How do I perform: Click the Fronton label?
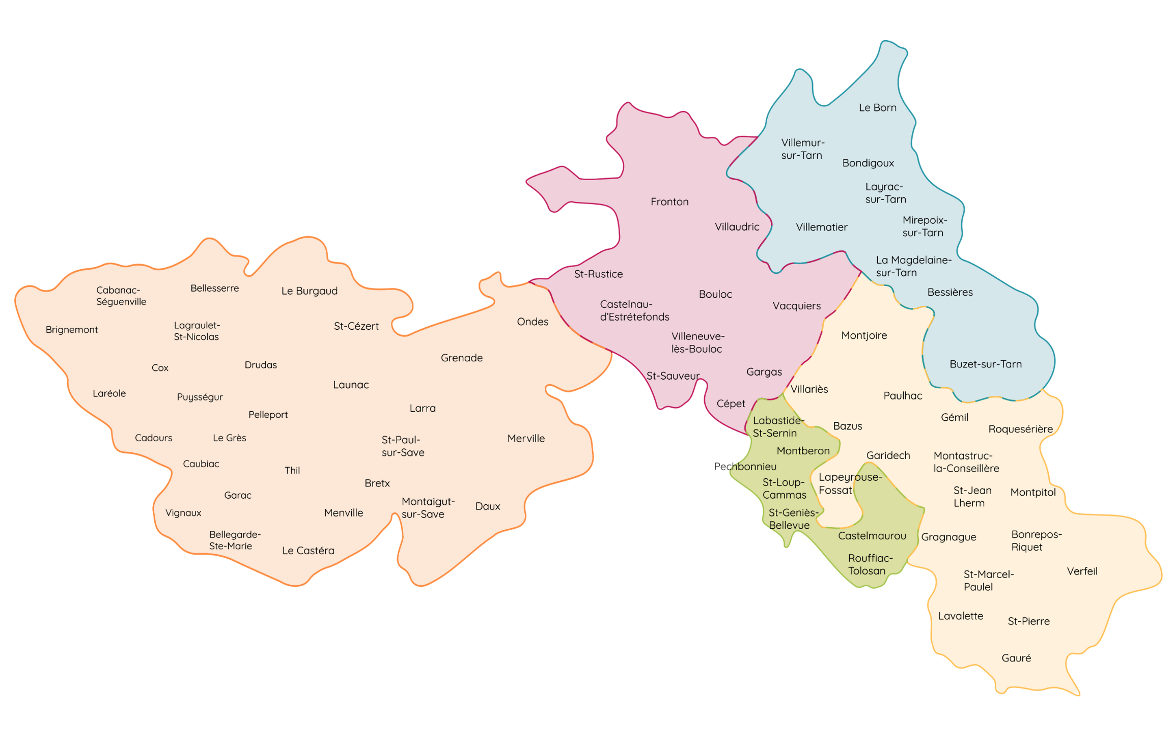click(x=669, y=202)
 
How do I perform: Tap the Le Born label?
click(x=877, y=108)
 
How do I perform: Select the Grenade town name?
click(x=462, y=358)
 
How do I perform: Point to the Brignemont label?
click(x=72, y=330)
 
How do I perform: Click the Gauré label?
click(x=1016, y=658)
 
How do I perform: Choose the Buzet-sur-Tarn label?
click(x=986, y=364)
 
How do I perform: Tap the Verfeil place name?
click(x=1082, y=571)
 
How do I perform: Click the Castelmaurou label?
click(x=872, y=536)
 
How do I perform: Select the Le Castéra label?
click(x=308, y=551)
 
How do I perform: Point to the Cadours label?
click(x=154, y=438)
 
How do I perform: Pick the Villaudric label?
click(x=737, y=227)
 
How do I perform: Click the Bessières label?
click(x=950, y=293)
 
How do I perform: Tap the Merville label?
click(x=526, y=439)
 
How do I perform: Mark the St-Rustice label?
click(x=598, y=274)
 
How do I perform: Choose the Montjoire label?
click(x=864, y=336)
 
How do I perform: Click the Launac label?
click(x=351, y=385)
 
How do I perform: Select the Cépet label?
click(x=731, y=404)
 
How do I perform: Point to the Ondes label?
click(x=533, y=322)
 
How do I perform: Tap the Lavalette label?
click(x=960, y=616)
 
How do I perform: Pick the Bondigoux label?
click(x=868, y=163)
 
